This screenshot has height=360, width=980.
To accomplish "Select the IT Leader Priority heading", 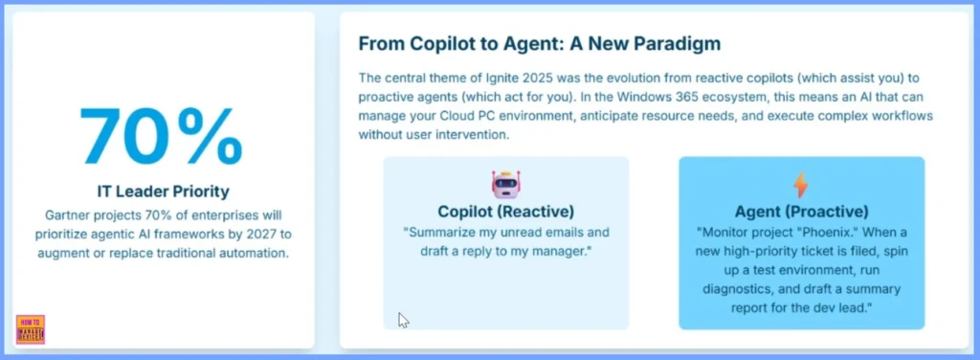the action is pos(163,191).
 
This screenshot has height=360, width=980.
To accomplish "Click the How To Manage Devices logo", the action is pos(31,328).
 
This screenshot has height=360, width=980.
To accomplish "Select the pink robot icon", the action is pos(505,186).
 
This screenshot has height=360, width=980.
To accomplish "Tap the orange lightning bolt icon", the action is pos(801,186).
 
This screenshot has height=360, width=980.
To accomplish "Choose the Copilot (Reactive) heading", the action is pos(505,212).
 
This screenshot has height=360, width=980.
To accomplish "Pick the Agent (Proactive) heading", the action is pos(801,212).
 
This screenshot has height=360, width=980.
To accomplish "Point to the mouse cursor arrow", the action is pos(403,320).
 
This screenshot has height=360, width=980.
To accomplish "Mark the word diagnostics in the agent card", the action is pos(736,289).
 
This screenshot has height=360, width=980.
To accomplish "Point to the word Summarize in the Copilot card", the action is pos(434,233).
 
